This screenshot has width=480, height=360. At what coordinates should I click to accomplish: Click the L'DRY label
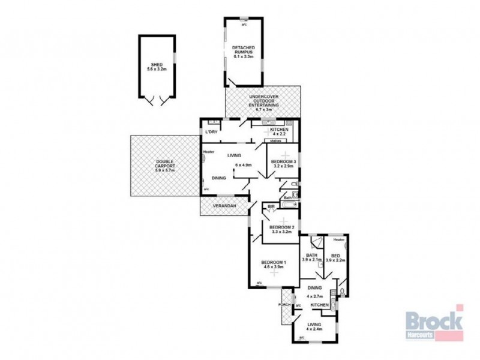point(211,131)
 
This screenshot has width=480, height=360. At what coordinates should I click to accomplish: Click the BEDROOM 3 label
point(281,163)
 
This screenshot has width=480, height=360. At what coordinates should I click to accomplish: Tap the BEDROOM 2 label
point(280,227)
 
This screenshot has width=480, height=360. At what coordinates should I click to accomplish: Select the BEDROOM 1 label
point(274,262)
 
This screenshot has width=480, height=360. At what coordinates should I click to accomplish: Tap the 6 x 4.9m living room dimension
point(243,165)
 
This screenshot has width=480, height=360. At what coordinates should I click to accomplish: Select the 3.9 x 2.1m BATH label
point(312,257)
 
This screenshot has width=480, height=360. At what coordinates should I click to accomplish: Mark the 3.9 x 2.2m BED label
point(336,257)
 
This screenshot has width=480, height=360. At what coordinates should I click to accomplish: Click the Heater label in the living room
point(208,151)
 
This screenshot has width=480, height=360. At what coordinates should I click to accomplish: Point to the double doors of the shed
point(157,100)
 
